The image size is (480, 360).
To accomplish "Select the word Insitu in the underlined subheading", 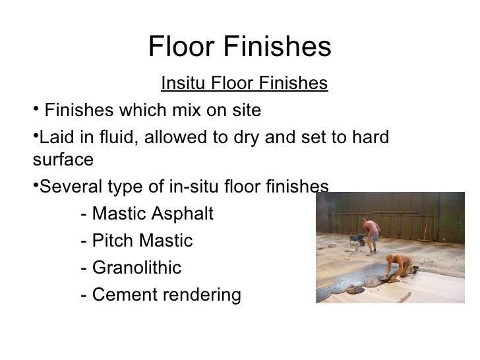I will click(x=181, y=84).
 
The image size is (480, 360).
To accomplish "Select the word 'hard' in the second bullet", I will click(x=368, y=138).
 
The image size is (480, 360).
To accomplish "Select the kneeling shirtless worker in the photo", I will click(x=402, y=267).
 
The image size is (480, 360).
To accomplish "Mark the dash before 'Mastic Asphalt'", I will click(x=82, y=215).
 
